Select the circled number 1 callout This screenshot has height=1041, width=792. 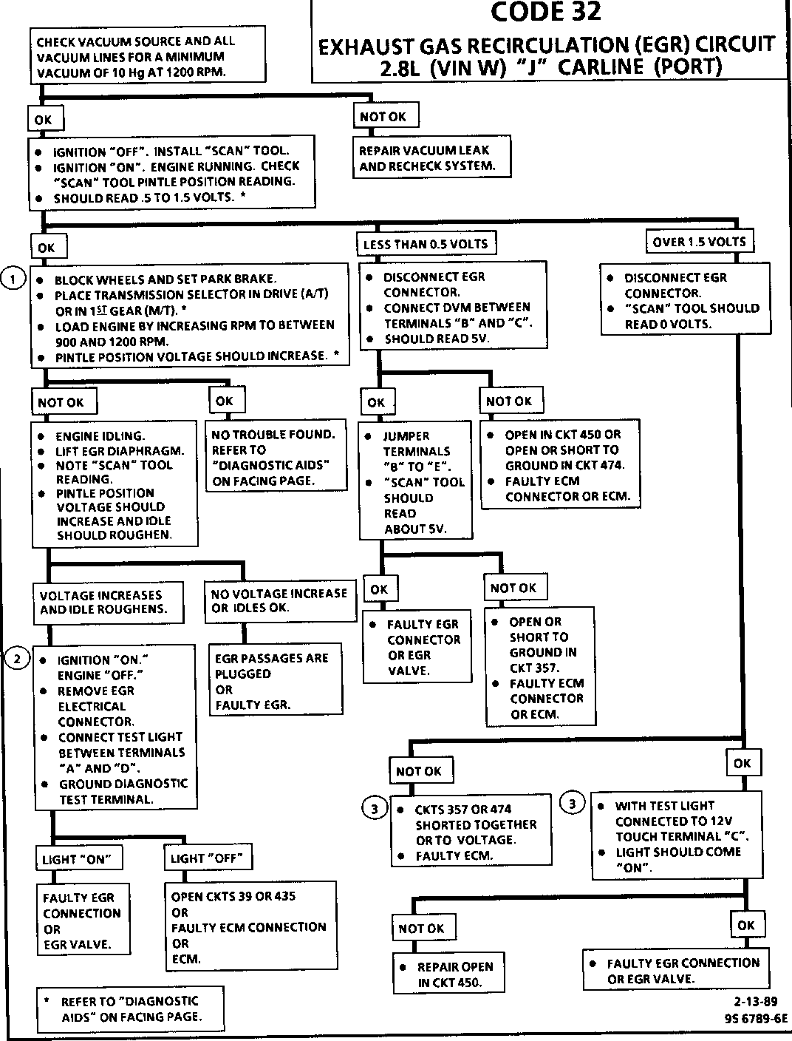[14, 278]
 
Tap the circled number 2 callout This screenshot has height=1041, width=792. [17, 658]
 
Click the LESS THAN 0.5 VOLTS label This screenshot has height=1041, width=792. [426, 244]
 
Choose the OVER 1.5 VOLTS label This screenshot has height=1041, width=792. [699, 242]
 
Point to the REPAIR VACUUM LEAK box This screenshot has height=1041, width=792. [432, 158]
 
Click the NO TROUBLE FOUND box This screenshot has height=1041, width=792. [276, 457]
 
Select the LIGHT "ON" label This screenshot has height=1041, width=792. [80, 859]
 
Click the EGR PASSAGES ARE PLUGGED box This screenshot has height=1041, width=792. [276, 680]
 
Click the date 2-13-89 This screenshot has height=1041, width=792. [756, 1003]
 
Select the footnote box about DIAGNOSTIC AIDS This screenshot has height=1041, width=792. [129, 1008]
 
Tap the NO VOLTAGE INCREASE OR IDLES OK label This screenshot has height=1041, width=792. [279, 600]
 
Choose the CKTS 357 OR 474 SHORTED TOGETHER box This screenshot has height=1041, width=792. [471, 832]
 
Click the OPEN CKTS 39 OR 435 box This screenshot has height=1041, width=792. [250, 927]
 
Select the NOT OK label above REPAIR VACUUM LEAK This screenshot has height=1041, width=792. [383, 117]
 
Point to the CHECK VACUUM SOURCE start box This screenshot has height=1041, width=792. [147, 56]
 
